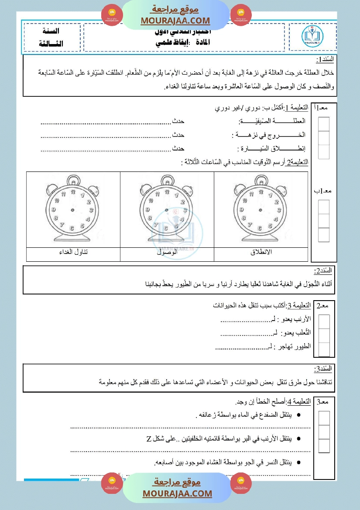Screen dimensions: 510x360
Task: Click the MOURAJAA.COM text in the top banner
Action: point(175,21)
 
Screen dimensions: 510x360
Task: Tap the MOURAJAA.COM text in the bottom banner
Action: point(177,493)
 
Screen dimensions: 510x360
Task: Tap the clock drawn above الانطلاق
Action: point(261,211)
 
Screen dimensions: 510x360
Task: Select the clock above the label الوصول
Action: point(167,211)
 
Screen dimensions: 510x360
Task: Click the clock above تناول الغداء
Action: point(73,211)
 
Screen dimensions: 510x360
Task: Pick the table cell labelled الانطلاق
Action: point(261,253)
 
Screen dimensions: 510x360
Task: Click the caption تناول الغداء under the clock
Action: point(73,253)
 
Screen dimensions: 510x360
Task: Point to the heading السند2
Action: point(323,271)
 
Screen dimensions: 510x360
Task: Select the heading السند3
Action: point(323,369)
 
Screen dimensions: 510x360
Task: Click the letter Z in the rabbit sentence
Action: point(149,438)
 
